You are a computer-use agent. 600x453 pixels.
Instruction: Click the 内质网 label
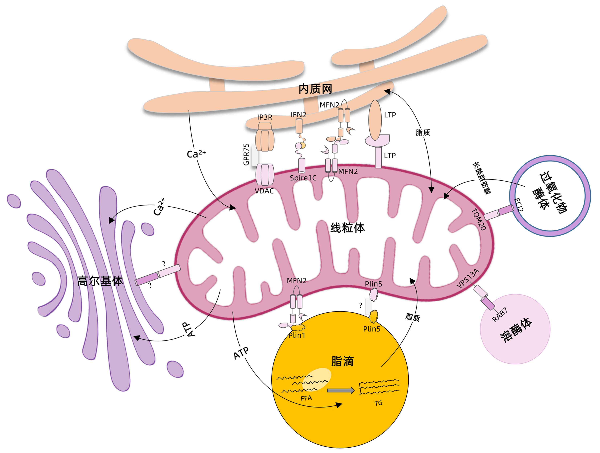point(315,89)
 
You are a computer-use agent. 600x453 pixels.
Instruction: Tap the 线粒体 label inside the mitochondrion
point(347,228)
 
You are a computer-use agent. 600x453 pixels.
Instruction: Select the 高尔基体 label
point(100,281)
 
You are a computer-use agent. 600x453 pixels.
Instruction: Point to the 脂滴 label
point(342,361)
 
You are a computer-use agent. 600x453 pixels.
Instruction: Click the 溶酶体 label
point(516,330)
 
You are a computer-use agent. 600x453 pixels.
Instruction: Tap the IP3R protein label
point(265,117)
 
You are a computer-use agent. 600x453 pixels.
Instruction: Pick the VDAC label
point(264,191)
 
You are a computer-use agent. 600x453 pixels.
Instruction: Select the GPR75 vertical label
point(246,155)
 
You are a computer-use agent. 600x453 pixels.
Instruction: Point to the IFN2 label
point(298,115)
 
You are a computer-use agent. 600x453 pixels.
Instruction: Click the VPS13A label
point(468,278)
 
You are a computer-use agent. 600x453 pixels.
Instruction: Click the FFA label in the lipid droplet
point(306,398)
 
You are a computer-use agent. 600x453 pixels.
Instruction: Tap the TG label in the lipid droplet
point(378,403)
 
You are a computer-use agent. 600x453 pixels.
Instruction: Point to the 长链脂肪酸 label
point(482,178)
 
